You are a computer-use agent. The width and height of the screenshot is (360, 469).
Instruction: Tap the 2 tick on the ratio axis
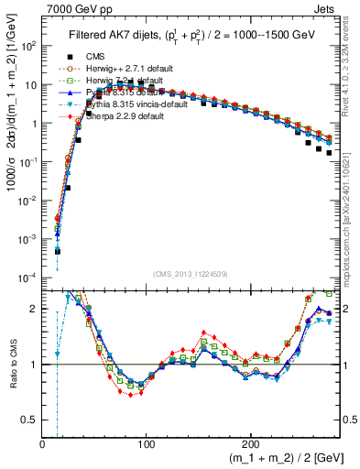35,309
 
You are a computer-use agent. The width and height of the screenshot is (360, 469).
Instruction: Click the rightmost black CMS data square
329,151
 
